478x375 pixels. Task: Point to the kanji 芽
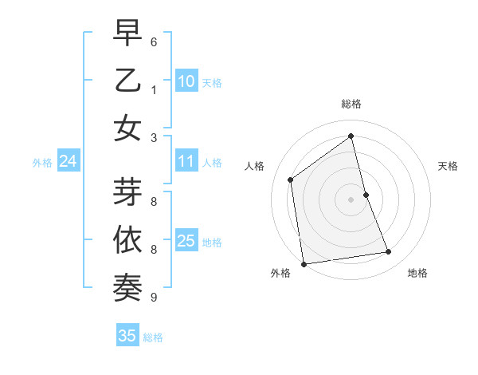pos(127,192)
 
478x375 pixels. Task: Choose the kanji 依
pos(127,240)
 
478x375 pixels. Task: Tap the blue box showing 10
pos(186,81)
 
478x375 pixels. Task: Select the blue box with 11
pos(186,162)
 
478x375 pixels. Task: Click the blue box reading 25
pos(186,241)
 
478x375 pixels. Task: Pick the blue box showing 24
pos(68,162)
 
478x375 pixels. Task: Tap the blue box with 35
pos(127,336)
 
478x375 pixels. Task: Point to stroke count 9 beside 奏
pos(153,298)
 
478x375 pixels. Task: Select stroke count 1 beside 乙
pos(153,89)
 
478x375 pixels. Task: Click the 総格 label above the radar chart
pos(351,104)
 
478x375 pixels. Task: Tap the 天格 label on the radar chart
pos(448,166)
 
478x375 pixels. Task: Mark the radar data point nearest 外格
pos(304,264)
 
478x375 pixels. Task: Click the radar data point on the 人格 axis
pos(291,180)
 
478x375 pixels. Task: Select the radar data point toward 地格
pos(389,252)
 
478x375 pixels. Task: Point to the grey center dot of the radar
pos(351,199)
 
